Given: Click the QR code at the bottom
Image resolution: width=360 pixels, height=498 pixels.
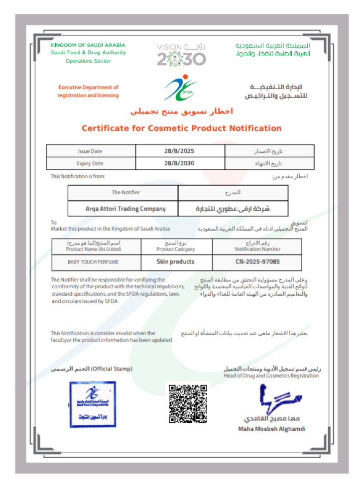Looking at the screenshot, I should click(187, 403).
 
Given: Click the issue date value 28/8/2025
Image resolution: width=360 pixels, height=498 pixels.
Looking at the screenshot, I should click(180, 151).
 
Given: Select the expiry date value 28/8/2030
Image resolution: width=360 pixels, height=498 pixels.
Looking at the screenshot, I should click(180, 163).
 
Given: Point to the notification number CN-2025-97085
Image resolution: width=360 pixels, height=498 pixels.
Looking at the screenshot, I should click(257, 261).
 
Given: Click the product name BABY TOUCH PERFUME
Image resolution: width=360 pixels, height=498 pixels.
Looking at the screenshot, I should click(93, 261).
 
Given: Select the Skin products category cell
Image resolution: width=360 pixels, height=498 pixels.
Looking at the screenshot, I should click(175, 261).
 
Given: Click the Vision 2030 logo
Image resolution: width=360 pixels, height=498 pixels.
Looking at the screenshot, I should click(181, 54).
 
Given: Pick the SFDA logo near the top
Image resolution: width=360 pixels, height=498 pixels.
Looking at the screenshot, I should click(181, 88).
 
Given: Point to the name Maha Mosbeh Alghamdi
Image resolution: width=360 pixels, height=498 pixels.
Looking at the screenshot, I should click(272, 429).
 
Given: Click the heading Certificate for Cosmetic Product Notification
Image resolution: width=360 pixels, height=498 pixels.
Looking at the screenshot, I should click(181, 128).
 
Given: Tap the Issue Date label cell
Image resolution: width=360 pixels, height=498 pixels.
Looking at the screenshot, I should click(90, 151).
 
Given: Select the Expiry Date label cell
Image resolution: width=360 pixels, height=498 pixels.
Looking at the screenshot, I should click(90, 163).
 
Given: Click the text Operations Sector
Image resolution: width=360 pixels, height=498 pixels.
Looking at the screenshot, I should click(88, 61).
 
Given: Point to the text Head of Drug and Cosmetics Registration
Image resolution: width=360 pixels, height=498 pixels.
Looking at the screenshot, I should click(271, 376).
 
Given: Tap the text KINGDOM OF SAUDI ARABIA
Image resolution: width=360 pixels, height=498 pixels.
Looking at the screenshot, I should click(88, 45).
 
